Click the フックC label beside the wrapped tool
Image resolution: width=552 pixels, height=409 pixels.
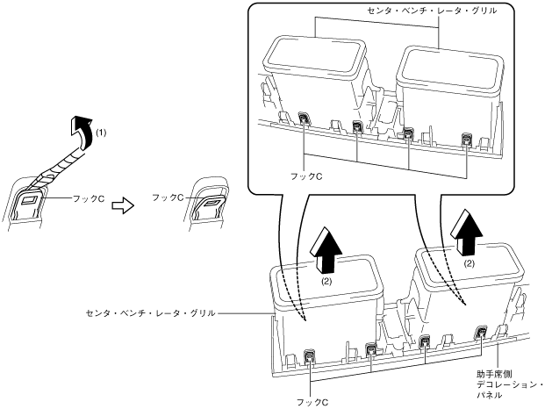click(x=83, y=200)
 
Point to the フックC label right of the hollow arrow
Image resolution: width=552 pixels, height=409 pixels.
click(x=168, y=198)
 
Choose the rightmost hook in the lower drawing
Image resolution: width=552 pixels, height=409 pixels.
click(x=481, y=333)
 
